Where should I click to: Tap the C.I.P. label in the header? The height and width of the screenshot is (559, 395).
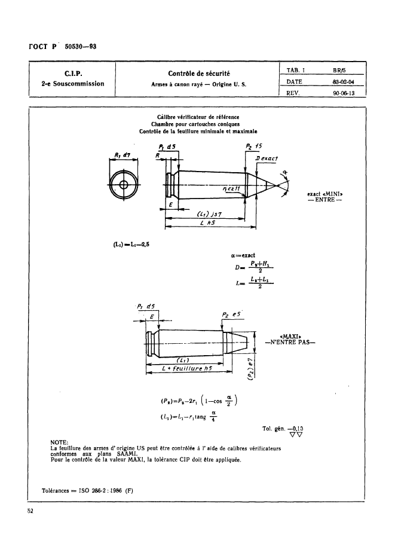[69, 74]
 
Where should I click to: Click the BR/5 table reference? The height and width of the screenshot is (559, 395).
[341, 69]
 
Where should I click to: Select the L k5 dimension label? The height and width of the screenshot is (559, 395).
[209, 222]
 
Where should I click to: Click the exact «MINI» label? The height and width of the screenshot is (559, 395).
[326, 194]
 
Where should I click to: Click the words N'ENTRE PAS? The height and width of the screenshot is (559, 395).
[290, 343]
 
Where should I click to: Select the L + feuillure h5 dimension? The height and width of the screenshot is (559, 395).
[187, 369]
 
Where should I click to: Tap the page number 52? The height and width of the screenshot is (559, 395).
[30, 510]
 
